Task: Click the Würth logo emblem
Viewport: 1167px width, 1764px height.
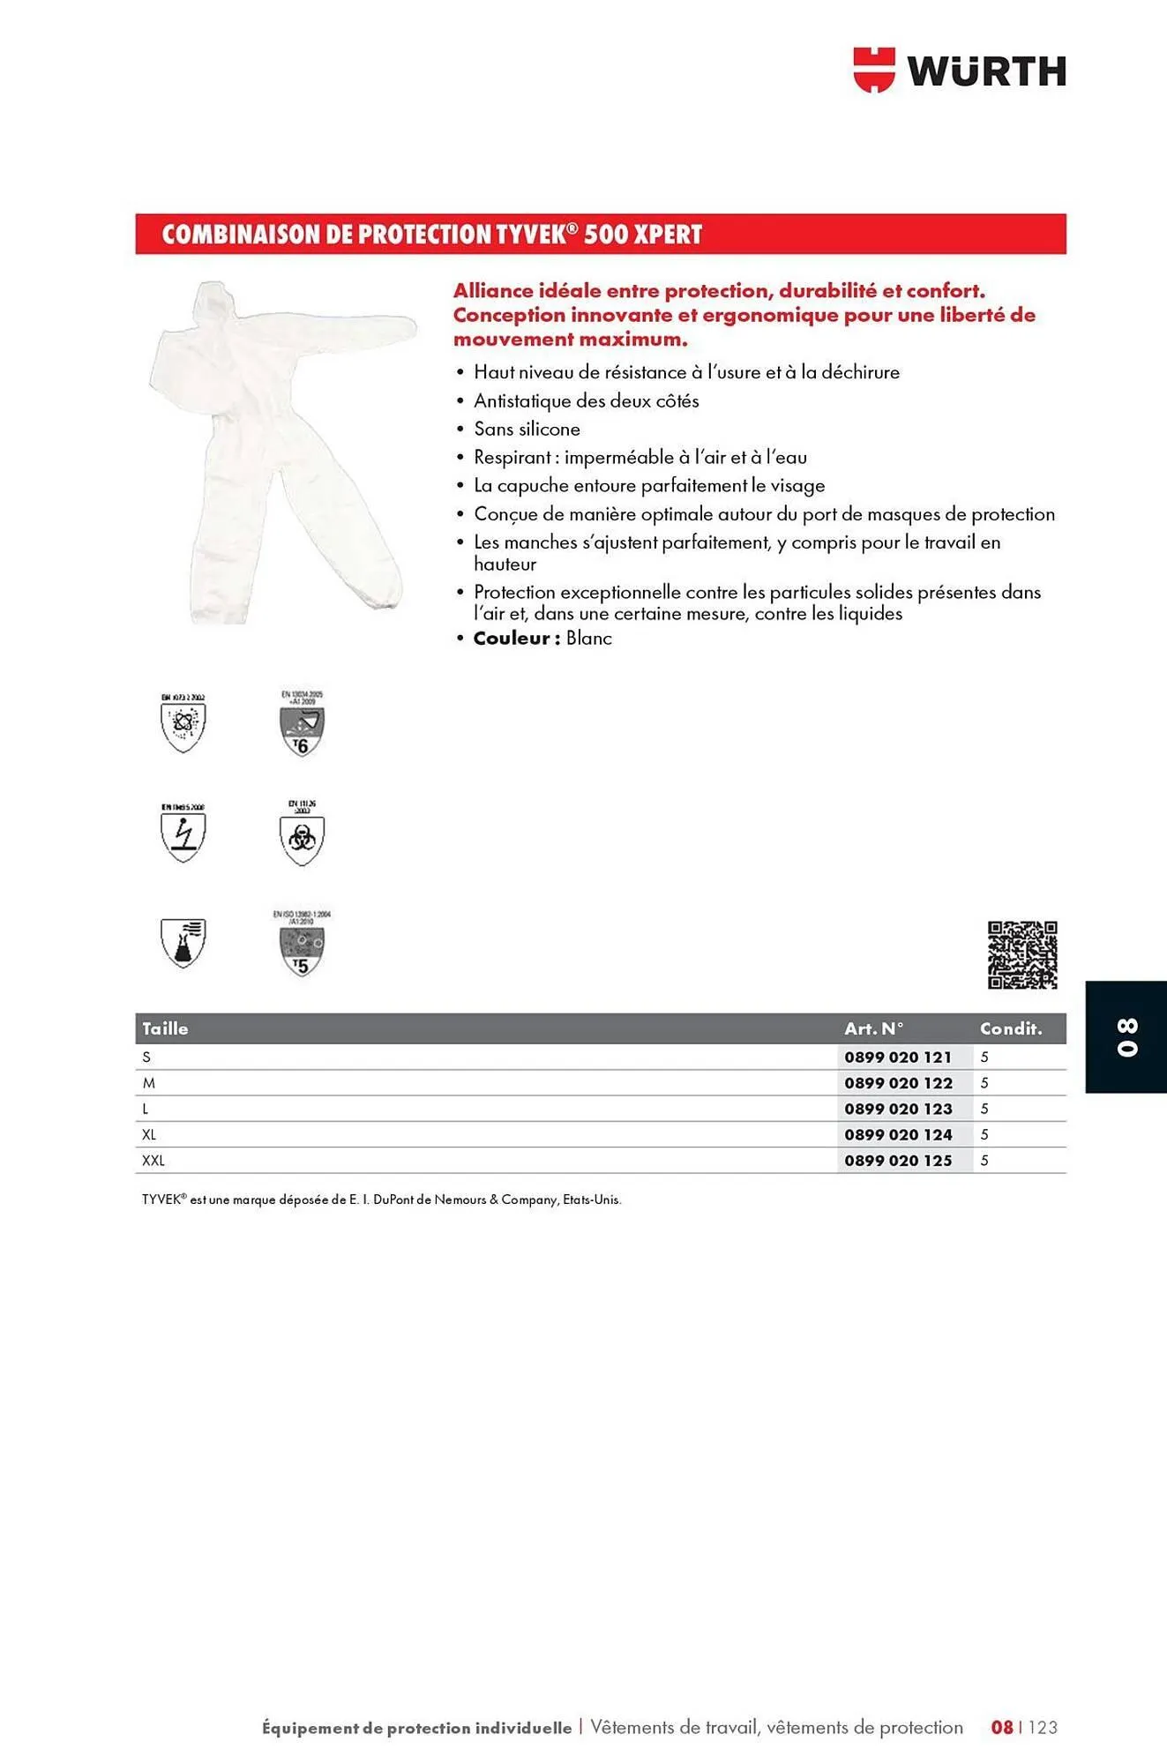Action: tap(873, 70)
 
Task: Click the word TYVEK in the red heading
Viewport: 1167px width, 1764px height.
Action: tap(528, 235)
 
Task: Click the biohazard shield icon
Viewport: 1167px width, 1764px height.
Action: tap(302, 839)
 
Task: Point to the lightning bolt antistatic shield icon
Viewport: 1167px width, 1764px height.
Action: tap(183, 835)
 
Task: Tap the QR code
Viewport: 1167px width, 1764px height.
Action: tap(1021, 954)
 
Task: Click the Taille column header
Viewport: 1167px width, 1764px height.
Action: tap(165, 1028)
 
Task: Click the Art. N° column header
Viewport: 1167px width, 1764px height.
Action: tap(873, 1028)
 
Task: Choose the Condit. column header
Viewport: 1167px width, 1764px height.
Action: tap(1010, 1028)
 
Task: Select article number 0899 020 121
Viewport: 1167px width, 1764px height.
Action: tap(897, 1057)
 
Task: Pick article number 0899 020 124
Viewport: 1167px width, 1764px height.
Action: tap(897, 1134)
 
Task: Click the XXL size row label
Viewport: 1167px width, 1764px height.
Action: tap(153, 1161)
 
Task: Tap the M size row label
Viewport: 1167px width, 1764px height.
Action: tap(148, 1083)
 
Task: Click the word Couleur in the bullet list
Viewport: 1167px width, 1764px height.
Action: tap(512, 639)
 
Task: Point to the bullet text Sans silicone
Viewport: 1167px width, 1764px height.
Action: tap(527, 430)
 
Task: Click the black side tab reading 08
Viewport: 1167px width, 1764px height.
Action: tap(1126, 1036)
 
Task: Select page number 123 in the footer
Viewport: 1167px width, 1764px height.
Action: tap(1043, 1727)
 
